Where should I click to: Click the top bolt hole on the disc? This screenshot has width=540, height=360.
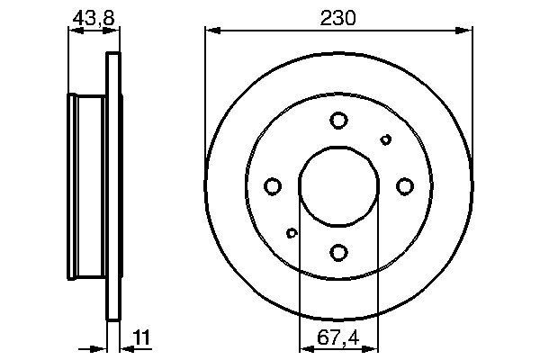(x=338, y=120)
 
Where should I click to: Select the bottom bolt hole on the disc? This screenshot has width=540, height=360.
(x=338, y=252)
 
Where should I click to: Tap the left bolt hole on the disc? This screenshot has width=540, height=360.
(x=273, y=186)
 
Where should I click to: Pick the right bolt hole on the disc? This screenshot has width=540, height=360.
(x=404, y=186)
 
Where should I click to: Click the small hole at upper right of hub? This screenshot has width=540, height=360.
(x=385, y=139)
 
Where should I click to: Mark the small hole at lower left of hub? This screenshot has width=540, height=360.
(x=292, y=233)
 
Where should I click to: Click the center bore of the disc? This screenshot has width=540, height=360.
(x=338, y=185)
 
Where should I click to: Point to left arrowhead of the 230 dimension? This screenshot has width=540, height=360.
(x=211, y=31)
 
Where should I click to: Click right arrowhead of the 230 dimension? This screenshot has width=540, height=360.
(x=466, y=31)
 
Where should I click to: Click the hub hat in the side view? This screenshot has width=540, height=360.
(x=87, y=187)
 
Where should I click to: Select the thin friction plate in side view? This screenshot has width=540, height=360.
(x=113, y=187)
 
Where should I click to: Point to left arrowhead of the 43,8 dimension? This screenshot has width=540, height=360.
(x=72, y=31)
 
